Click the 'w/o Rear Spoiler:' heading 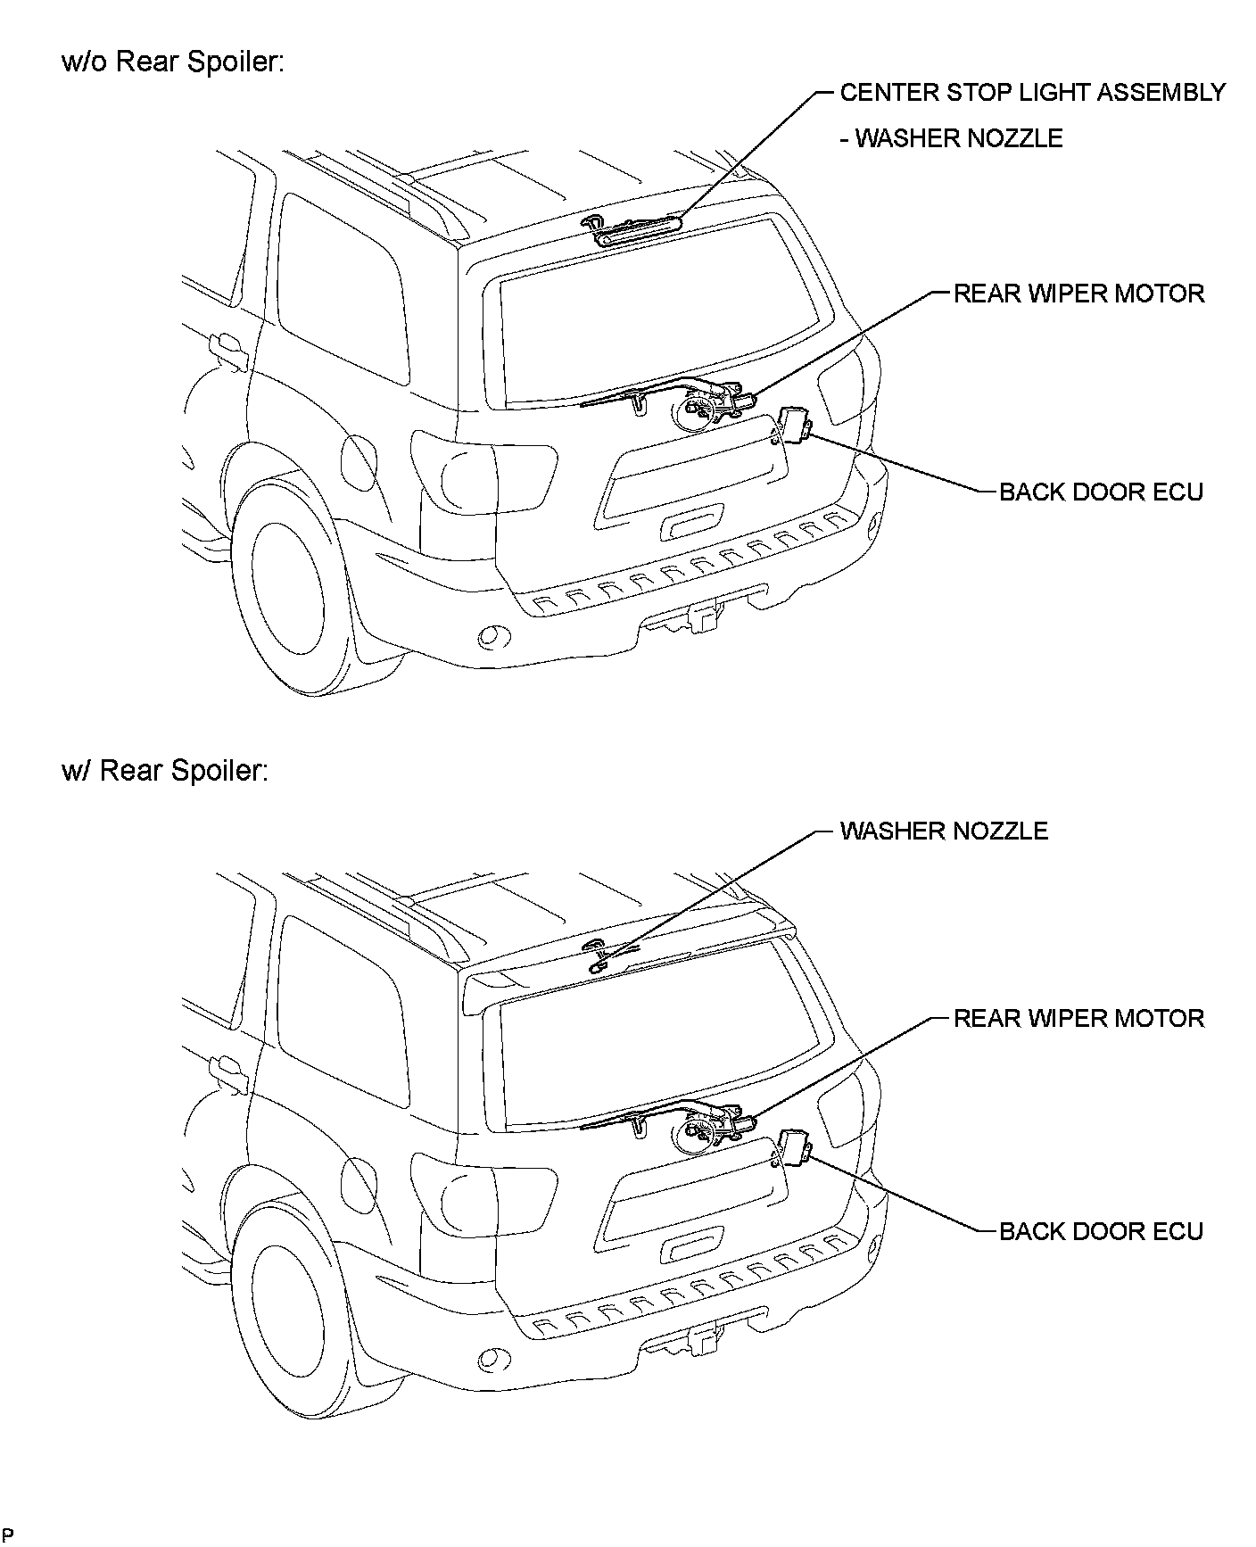point(173,62)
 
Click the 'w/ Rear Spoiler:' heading point(165,770)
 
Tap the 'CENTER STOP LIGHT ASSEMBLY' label point(1032,92)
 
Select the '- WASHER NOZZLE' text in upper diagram point(952,138)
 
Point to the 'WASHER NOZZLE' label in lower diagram point(944,831)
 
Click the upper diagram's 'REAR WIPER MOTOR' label point(1078,294)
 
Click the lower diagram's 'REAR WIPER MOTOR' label point(1078,1018)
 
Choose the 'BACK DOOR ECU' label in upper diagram point(1101,492)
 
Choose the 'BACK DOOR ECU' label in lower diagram point(1101,1231)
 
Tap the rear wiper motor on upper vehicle point(709,406)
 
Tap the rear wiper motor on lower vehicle point(709,1129)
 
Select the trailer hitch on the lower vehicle point(700,1339)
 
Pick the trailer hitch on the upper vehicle point(700,616)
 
